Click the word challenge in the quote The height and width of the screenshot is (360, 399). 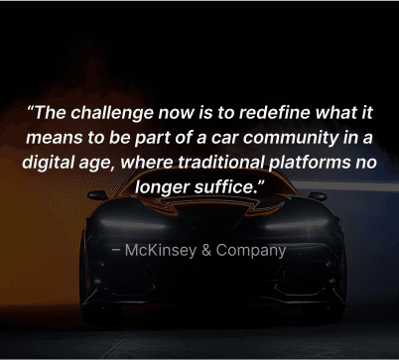pyautogui.click(x=116, y=111)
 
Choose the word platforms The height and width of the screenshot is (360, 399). pyautogui.click(x=317, y=161)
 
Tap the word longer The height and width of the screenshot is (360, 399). pyautogui.click(x=165, y=185)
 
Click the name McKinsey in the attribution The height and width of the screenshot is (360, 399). pyautogui.click(x=161, y=250)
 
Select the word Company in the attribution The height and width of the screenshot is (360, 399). pyautogui.click(x=250, y=250)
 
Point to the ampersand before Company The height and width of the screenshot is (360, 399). pyautogui.click(x=206, y=250)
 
